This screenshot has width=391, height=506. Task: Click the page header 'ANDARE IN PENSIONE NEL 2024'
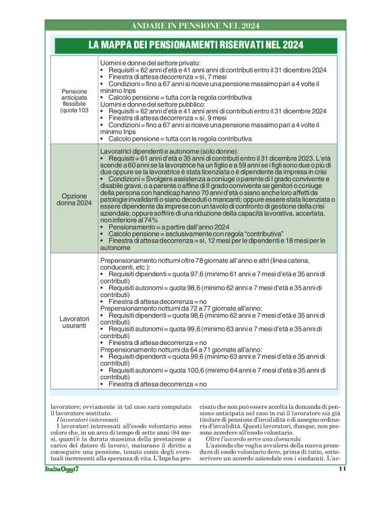point(195,26)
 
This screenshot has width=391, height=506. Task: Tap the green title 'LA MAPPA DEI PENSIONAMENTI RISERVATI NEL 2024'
point(195,46)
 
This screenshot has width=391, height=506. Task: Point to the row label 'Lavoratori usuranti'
point(74,321)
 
